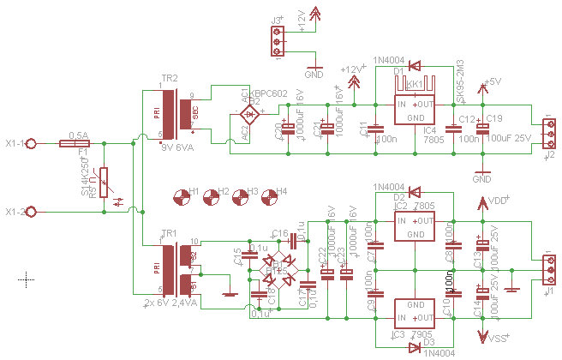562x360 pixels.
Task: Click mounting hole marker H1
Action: [181, 196]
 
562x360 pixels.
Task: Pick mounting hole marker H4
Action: [268, 196]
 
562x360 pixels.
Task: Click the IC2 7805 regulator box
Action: [415, 225]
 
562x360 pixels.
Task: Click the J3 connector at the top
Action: [277, 40]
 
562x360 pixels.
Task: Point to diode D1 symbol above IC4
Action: [414, 66]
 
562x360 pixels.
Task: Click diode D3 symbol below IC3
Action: [414, 344]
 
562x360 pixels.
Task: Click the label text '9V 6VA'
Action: [177, 147]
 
